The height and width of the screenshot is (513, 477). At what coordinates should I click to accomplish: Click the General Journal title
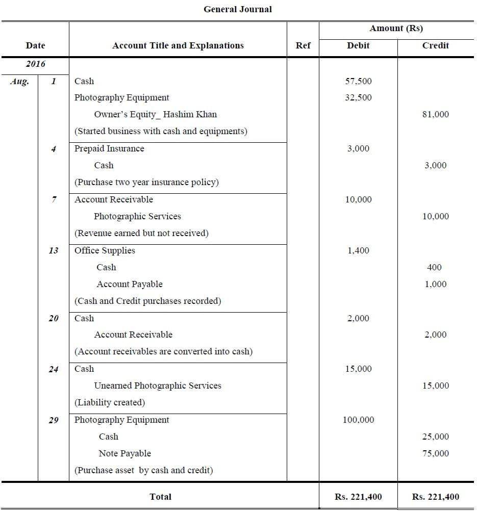tap(238, 9)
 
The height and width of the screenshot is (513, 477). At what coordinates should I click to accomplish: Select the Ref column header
tap(303, 45)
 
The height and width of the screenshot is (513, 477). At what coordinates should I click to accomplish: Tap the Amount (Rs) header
tap(396, 29)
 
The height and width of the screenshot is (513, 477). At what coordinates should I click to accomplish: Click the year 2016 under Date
tap(35, 64)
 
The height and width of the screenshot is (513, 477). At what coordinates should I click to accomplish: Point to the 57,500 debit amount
tap(358, 81)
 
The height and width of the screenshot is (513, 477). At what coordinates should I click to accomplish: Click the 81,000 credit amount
tap(435, 115)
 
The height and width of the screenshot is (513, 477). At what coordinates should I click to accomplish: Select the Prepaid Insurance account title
tap(109, 149)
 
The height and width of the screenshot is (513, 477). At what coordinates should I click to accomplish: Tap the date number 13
tap(54, 250)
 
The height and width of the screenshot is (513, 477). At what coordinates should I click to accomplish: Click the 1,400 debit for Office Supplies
tap(358, 250)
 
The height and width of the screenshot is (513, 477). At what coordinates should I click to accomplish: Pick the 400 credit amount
tap(435, 267)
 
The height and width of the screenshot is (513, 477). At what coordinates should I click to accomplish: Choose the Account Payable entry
tap(130, 284)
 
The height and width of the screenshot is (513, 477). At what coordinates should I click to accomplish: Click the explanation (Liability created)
tap(110, 403)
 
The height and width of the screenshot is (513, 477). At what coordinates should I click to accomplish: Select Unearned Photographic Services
tap(158, 386)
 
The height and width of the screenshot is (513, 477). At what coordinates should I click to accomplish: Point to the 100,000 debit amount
tap(358, 420)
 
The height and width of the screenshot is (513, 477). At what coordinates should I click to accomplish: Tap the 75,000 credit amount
tap(435, 453)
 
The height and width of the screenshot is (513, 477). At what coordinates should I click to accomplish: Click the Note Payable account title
tap(125, 453)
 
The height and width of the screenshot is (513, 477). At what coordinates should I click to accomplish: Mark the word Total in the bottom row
tap(160, 497)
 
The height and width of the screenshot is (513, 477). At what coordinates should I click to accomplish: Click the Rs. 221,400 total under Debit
tap(358, 497)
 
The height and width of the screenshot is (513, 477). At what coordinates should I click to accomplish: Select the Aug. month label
tap(19, 81)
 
